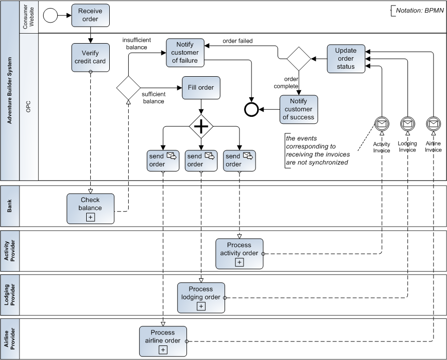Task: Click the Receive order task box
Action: click(90, 16)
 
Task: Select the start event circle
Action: click(51, 16)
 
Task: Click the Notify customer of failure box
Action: click(184, 53)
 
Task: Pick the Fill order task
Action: click(201, 88)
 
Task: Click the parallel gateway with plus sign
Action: click(201, 126)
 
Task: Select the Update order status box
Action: click(346, 58)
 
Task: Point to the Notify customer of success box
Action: click(298, 109)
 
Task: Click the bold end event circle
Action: click(251, 109)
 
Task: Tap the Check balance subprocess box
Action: click(90, 208)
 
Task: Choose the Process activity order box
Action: click(239, 253)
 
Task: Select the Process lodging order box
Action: click(201, 297)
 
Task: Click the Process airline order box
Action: click(163, 341)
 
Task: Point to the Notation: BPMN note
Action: click(416, 11)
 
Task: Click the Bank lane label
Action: click(10, 206)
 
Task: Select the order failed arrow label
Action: click(238, 41)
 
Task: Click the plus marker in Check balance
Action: click(90, 217)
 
